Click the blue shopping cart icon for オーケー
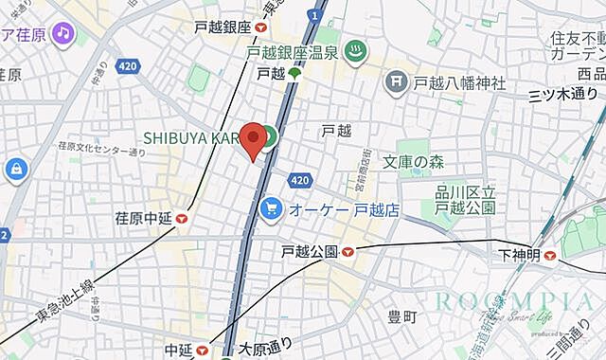coord(272,207)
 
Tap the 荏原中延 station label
coord(145,218)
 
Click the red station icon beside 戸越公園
coord(348,252)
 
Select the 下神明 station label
coord(519,255)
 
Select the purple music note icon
coord(63,34)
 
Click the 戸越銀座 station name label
coord(221,28)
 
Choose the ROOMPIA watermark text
coord(515,301)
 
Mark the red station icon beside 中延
coord(203,351)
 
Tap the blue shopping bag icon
coord(15,170)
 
